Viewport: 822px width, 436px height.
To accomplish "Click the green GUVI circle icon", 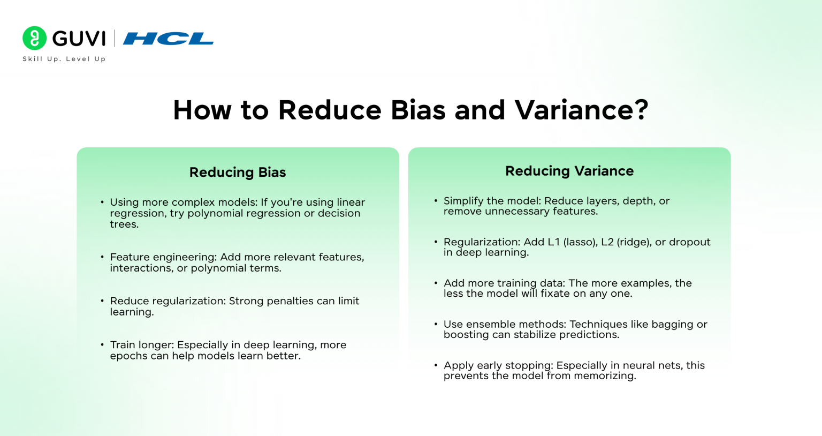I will (34, 38).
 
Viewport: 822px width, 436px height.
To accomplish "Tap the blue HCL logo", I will (168, 39).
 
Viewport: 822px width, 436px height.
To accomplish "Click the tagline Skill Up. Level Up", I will (64, 59).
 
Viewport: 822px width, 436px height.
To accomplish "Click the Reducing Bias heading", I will (238, 172).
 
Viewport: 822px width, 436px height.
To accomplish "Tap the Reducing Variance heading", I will (569, 171).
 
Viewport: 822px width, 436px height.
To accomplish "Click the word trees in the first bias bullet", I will (123, 224).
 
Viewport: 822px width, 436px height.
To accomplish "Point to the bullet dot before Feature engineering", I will (102, 257).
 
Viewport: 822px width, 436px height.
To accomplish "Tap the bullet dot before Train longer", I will (102, 345).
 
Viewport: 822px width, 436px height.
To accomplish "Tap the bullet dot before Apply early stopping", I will (436, 365).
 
